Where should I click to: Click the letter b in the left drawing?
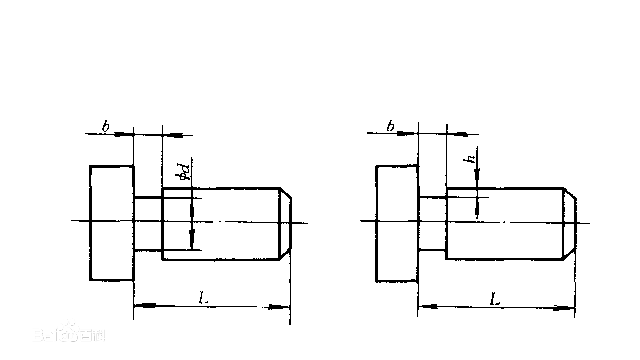(x=106, y=127)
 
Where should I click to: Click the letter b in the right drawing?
(x=391, y=126)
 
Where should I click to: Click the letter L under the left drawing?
(x=203, y=298)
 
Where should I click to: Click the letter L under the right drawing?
(x=494, y=299)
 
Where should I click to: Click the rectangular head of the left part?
(x=111, y=223)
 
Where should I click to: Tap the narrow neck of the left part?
(x=148, y=223)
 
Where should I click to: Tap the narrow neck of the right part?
(x=432, y=223)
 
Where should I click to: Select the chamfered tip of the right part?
(x=569, y=223)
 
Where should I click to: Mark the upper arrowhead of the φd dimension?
(x=192, y=207)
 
